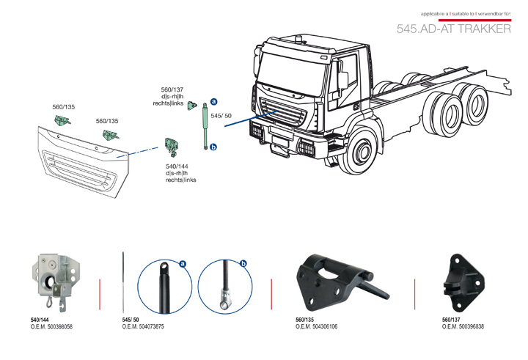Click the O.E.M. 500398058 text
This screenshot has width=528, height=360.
point(51,326)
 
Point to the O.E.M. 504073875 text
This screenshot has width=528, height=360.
point(143,326)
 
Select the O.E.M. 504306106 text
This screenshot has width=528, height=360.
point(316,326)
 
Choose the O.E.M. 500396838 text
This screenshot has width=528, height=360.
point(463,326)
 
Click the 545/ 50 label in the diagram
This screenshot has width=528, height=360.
point(221,116)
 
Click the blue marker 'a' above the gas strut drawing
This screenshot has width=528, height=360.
point(213,101)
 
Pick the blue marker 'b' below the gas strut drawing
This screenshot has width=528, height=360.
point(213,147)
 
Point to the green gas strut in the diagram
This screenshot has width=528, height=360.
point(205,124)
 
